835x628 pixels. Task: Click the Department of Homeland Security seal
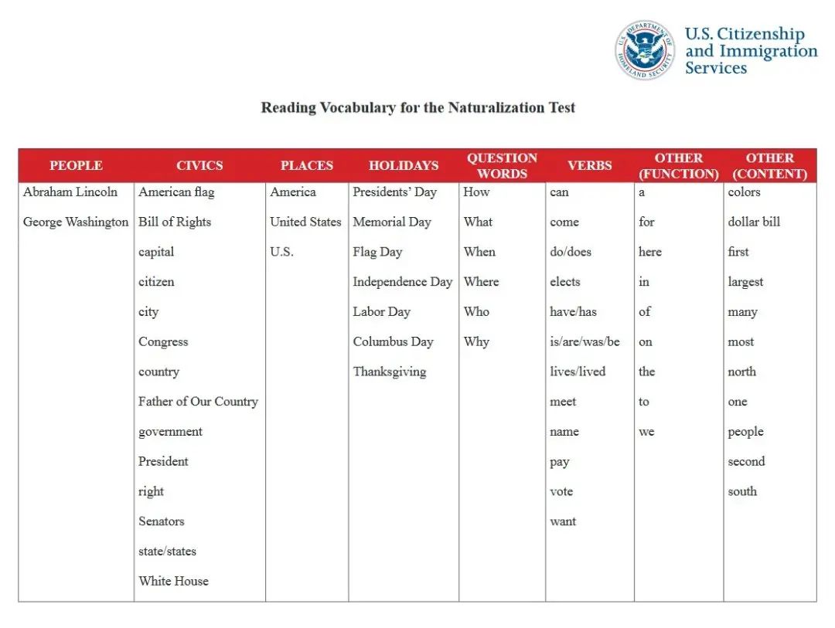[645, 50]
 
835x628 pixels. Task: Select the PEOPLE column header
[76, 165]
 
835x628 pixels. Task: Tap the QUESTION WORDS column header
[502, 165]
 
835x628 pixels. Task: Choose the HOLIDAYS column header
[404, 165]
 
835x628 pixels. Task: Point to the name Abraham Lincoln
[70, 192]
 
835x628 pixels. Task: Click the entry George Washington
[76, 222]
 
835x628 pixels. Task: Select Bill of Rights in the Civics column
[175, 222]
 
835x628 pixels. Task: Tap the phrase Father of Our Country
[198, 402]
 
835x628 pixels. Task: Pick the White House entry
[173, 581]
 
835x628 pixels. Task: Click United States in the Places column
[305, 222]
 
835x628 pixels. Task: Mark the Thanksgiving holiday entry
[390, 372]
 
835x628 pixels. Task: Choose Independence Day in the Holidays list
[402, 282]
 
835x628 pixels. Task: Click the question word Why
[476, 341]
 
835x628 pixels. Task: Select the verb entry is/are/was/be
[584, 341]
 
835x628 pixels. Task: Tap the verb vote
[561, 491]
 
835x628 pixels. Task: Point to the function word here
[650, 252]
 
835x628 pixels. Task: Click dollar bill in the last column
[754, 222]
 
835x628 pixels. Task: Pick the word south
[742, 491]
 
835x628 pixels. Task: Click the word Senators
[162, 521]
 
